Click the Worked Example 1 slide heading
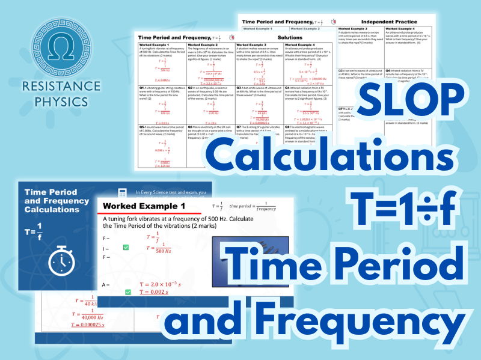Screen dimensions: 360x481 145,207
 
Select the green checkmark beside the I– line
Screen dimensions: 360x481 126,248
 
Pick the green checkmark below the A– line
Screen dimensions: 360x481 129,292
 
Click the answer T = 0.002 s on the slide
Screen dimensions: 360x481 161,292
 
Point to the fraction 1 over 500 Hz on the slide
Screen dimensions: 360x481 160,246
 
